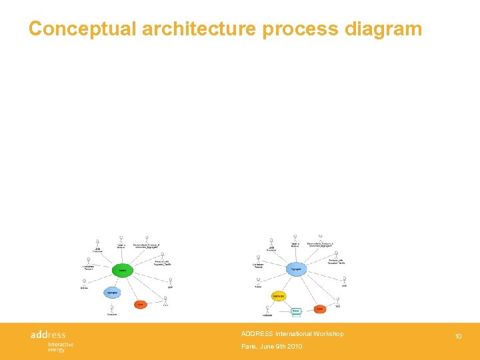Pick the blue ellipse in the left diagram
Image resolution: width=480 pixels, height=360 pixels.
tap(113, 293)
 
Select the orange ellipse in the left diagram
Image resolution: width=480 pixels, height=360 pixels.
tap(140, 305)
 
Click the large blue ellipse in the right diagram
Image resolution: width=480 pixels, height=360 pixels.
tap(297, 269)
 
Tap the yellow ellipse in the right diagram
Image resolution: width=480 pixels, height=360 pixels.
tap(279, 296)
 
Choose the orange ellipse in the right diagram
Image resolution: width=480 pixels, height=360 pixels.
tap(319, 309)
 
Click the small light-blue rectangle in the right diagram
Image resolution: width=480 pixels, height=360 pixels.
tap(296, 311)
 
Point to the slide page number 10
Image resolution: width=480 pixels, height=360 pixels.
tap(458, 337)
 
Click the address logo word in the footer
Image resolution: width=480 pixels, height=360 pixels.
tap(49, 334)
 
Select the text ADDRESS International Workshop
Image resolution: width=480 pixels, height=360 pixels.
tap(292, 334)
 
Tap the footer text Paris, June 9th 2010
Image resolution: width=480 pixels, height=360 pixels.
tap(271, 347)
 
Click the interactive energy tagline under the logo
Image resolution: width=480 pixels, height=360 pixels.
tap(60, 347)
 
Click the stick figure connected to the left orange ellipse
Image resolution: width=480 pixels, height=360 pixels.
tap(165, 301)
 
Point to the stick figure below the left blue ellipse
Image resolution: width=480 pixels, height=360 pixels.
tap(111, 309)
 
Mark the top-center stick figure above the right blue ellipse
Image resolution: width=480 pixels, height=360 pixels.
tap(295, 239)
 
